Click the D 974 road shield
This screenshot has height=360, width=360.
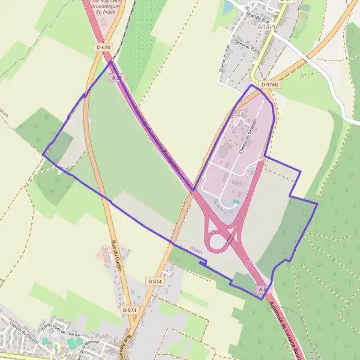[x=154, y=281]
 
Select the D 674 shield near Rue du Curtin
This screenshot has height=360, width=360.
[x=130, y=310]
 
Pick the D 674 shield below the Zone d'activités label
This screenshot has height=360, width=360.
[x=104, y=47]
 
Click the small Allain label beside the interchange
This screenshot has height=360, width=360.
[x=196, y=249]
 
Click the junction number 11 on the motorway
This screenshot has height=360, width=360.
[x=249, y=263]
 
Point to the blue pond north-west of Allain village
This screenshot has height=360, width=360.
[x=229, y=8]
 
